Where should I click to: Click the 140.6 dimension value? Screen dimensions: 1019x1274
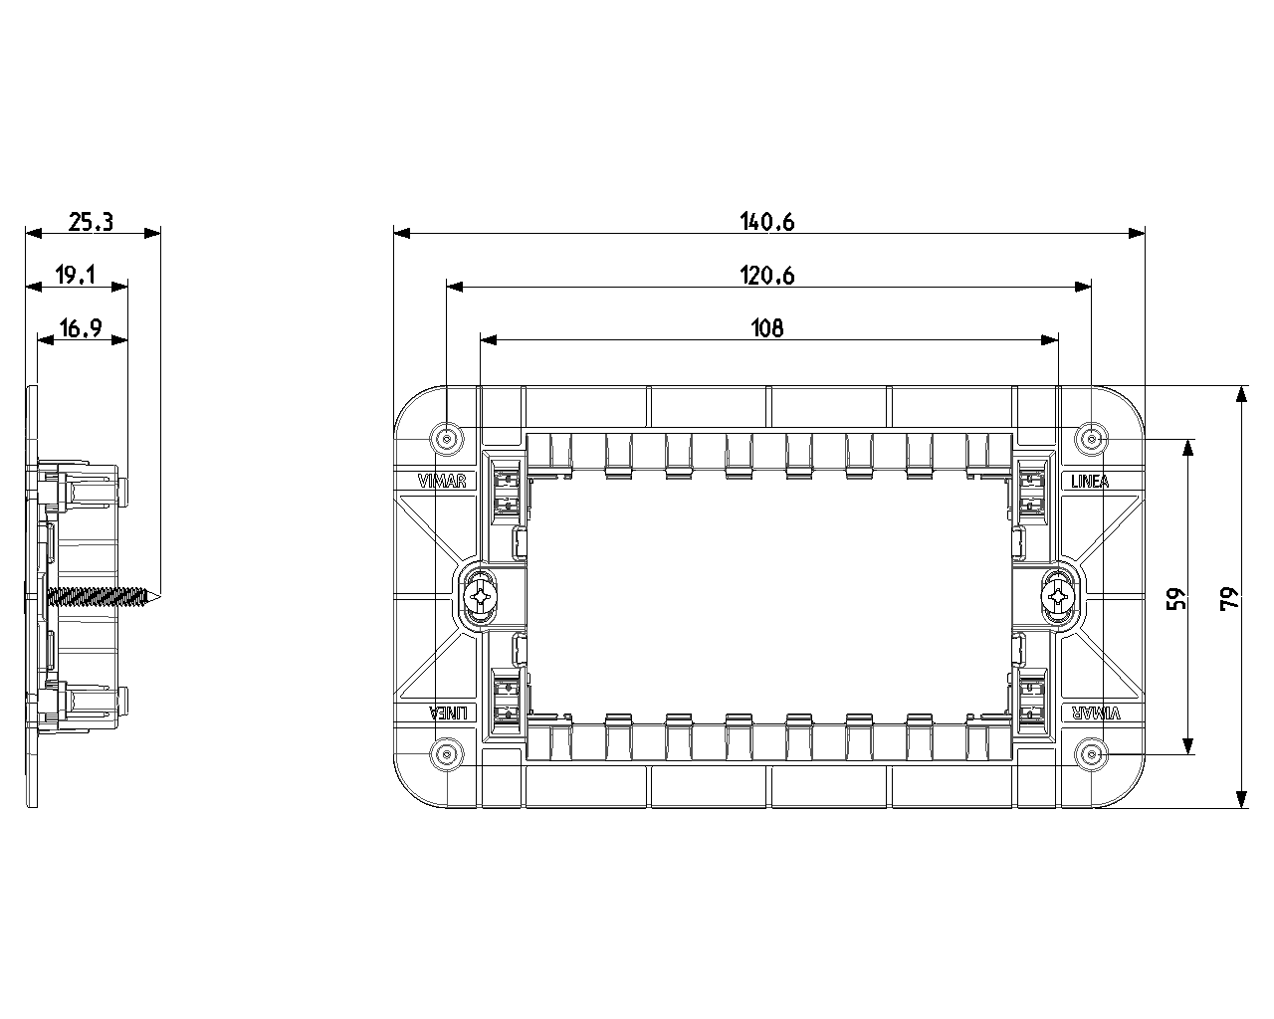767,222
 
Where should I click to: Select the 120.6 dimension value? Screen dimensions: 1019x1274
767,276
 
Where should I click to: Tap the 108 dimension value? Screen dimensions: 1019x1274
767,328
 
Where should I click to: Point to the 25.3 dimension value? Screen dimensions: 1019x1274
91,222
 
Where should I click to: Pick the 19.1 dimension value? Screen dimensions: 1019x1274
76,276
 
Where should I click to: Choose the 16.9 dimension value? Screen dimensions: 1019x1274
82,328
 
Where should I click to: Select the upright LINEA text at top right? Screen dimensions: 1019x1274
1090,482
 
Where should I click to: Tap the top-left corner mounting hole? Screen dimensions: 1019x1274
447,438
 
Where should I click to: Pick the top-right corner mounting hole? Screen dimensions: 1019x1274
1092,438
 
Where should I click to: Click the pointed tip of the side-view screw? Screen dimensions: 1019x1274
158,597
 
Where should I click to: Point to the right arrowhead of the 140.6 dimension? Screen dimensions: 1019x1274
1138,233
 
